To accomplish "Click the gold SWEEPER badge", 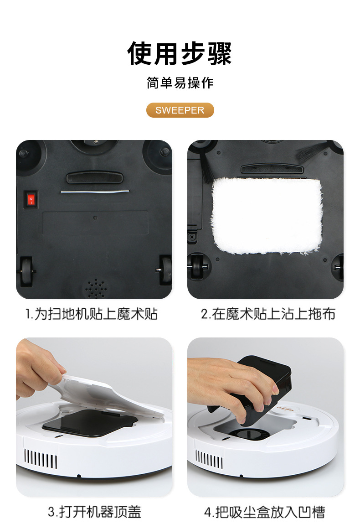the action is (x=180, y=110).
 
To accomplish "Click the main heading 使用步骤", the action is (x=180, y=53).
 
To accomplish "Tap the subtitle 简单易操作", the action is (x=180, y=83).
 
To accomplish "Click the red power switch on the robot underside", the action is (x=31, y=200).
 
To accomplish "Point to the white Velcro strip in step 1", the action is (x=95, y=192).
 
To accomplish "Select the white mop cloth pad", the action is (x=266, y=216).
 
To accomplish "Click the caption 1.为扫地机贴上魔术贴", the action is (x=92, y=314).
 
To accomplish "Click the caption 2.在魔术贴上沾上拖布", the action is (x=268, y=314).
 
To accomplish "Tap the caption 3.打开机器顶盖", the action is (x=94, y=512).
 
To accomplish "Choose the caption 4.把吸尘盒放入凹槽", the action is (x=265, y=512).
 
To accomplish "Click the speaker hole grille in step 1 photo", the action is (x=96, y=289).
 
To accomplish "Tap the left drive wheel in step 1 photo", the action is (x=26, y=271).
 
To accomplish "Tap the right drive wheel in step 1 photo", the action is (x=165, y=270).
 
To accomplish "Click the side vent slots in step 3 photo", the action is (x=41, y=459).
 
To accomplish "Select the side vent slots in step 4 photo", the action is (x=209, y=459).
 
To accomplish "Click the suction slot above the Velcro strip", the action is (x=95, y=177).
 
